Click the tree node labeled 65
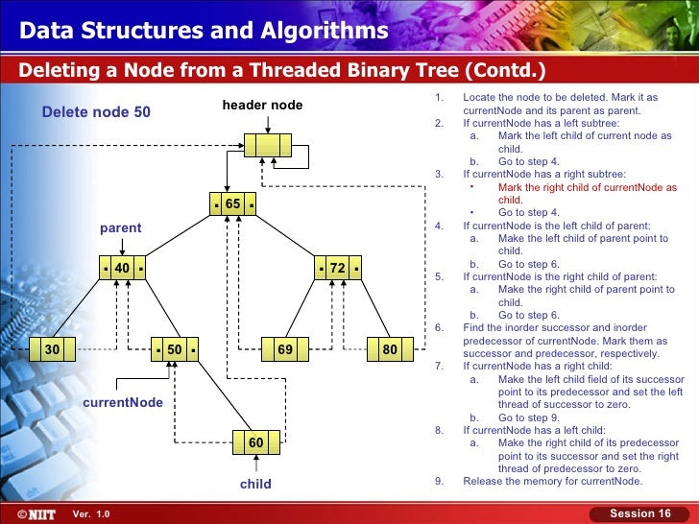tap(233, 204)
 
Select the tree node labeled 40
tap(122, 269)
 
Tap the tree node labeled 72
tap(338, 269)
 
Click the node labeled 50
tap(175, 350)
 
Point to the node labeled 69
tap(285, 350)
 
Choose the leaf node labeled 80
tap(390, 350)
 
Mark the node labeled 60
tap(255, 442)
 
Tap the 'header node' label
tap(262, 105)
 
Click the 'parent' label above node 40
tap(121, 227)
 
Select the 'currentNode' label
tap(123, 403)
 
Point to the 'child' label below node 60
tap(255, 484)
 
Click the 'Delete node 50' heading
tap(96, 112)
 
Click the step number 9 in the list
tap(438, 482)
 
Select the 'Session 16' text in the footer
tap(640, 514)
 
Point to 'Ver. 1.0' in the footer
tap(92, 515)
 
